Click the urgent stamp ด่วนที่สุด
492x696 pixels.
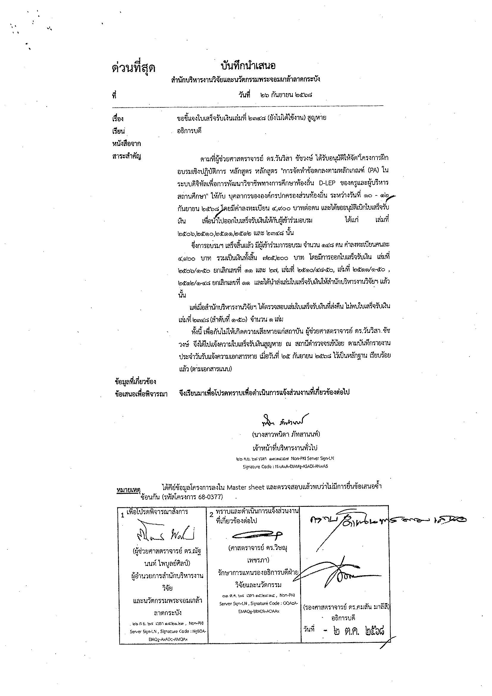click(133, 68)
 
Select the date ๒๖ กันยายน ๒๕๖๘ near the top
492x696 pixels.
click(286, 95)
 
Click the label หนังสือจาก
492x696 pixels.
click(126, 143)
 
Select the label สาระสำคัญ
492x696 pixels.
click(126, 156)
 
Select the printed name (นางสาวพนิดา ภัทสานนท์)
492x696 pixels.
click(286, 434)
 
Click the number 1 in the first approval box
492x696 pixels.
click(123, 515)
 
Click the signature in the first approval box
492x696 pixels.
click(164, 537)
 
